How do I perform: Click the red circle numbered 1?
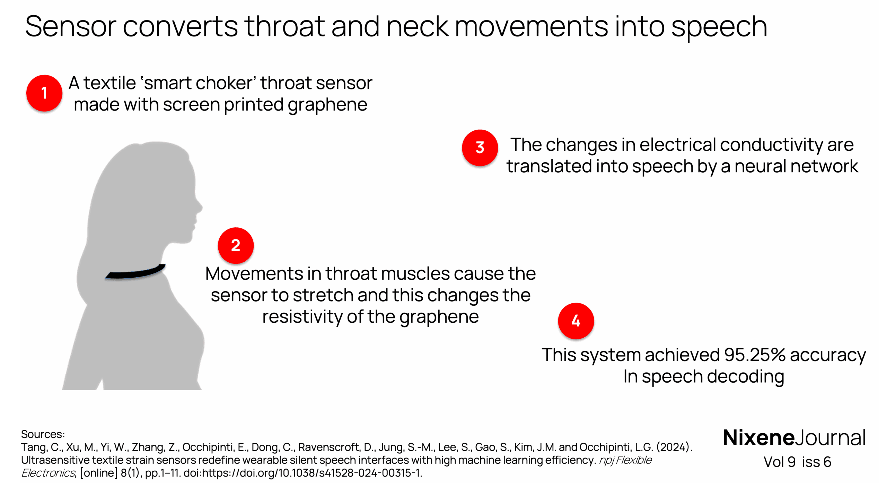point(44,93)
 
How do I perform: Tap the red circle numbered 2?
point(236,245)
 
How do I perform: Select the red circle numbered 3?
point(480,148)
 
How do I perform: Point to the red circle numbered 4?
point(576,321)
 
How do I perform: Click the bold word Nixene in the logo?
point(758,438)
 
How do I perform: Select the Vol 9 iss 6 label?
point(797,462)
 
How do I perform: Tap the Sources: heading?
point(43,434)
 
